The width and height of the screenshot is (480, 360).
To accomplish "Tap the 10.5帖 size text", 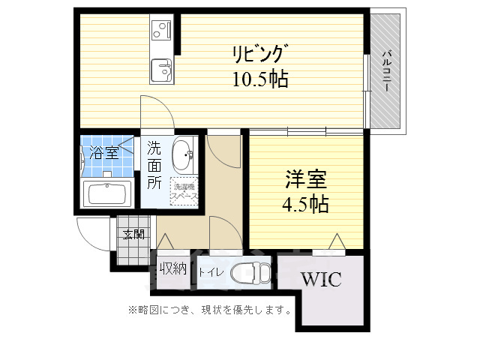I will tap(259, 77).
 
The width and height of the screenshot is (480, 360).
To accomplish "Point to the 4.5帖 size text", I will tap(304, 203).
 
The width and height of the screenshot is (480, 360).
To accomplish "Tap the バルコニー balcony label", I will tap(386, 70).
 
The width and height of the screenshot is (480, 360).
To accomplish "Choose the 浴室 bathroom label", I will tap(103, 154).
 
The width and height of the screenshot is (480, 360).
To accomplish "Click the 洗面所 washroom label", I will tap(154, 163).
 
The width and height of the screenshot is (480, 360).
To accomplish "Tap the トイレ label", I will tap(210, 272).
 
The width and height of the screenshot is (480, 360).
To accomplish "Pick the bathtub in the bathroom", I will tap(109, 193).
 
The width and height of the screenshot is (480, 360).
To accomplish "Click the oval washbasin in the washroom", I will tap(182, 156).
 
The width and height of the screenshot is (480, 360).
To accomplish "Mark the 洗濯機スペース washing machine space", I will tap(184, 192).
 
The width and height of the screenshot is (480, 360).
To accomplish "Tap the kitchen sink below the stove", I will tap(161, 72).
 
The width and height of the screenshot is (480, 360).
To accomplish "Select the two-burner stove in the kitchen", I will tap(161, 31).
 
